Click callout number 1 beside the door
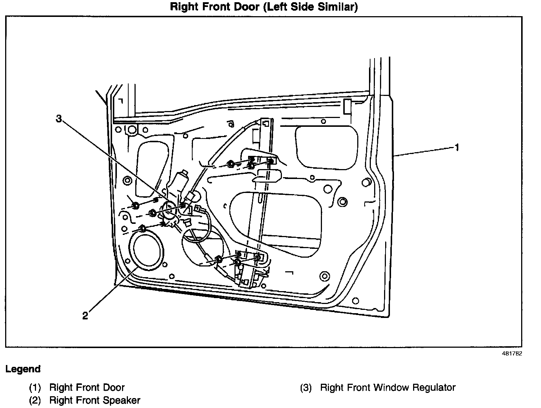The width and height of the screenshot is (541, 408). coord(457,147)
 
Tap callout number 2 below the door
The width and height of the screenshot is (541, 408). coord(85,316)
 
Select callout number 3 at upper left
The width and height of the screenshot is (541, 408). coord(59,118)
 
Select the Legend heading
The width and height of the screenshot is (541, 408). coord(23,369)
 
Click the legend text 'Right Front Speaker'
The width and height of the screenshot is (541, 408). coord(95,400)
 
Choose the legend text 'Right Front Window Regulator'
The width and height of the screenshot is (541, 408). coord(388,387)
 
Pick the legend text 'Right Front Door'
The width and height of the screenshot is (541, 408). coord(87,387)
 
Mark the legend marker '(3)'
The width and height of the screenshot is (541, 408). coord(306,388)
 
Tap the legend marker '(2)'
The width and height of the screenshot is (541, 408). coord(35,400)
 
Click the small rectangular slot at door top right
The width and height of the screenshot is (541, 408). coord(347,106)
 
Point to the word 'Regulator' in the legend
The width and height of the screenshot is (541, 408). coord(434,387)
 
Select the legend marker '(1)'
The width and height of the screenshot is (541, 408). coord(35,388)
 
